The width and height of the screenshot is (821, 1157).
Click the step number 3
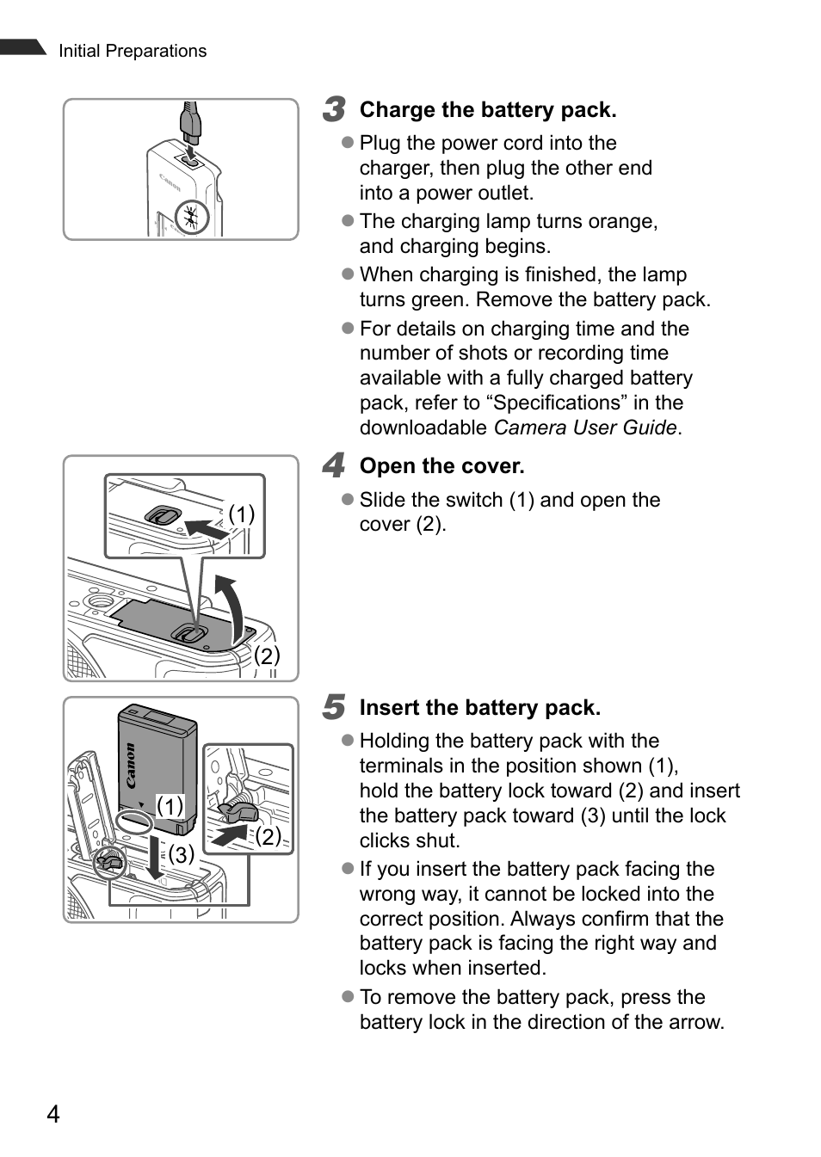334,110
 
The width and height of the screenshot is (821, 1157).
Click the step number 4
334,466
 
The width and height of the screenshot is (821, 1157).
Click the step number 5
334,708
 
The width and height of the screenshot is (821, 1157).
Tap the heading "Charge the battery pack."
487,110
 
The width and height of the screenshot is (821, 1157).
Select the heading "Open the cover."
441,466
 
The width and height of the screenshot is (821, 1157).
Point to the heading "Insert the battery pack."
479,708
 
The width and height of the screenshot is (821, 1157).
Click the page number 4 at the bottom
53,1115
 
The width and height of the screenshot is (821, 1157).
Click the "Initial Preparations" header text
133,51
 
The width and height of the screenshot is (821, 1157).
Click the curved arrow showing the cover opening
230,606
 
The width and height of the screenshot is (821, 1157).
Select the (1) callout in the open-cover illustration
242,514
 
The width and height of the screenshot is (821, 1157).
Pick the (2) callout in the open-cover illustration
267,655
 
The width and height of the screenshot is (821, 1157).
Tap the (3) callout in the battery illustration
182,854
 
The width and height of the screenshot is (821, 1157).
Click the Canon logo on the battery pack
130,765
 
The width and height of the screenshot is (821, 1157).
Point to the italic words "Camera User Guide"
584,428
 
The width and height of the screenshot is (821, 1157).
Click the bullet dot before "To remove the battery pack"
348,996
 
